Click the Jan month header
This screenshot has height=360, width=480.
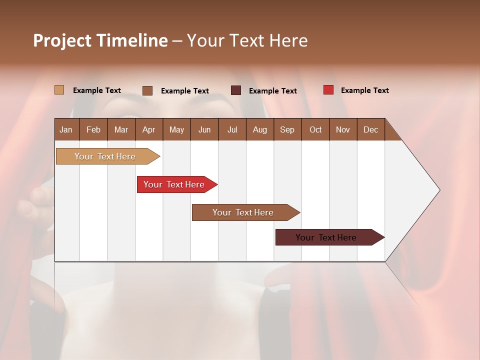click(66, 129)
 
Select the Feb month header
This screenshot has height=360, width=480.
click(93, 129)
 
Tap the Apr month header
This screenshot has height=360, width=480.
click(148, 129)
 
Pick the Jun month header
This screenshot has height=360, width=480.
click(204, 129)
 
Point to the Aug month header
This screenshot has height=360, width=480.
click(259, 129)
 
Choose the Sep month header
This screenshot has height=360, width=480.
click(287, 129)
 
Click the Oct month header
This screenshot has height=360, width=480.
click(315, 129)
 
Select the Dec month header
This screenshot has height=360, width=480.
click(370, 129)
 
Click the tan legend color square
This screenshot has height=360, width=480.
click(59, 90)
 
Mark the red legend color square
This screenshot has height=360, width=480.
click(328, 90)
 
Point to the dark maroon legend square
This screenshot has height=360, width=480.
click(236, 90)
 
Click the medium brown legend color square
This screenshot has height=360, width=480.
click(147, 90)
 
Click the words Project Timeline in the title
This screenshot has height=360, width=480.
click(100, 40)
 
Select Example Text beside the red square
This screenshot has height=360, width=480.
click(364, 90)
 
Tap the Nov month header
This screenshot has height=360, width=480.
click(342, 129)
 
